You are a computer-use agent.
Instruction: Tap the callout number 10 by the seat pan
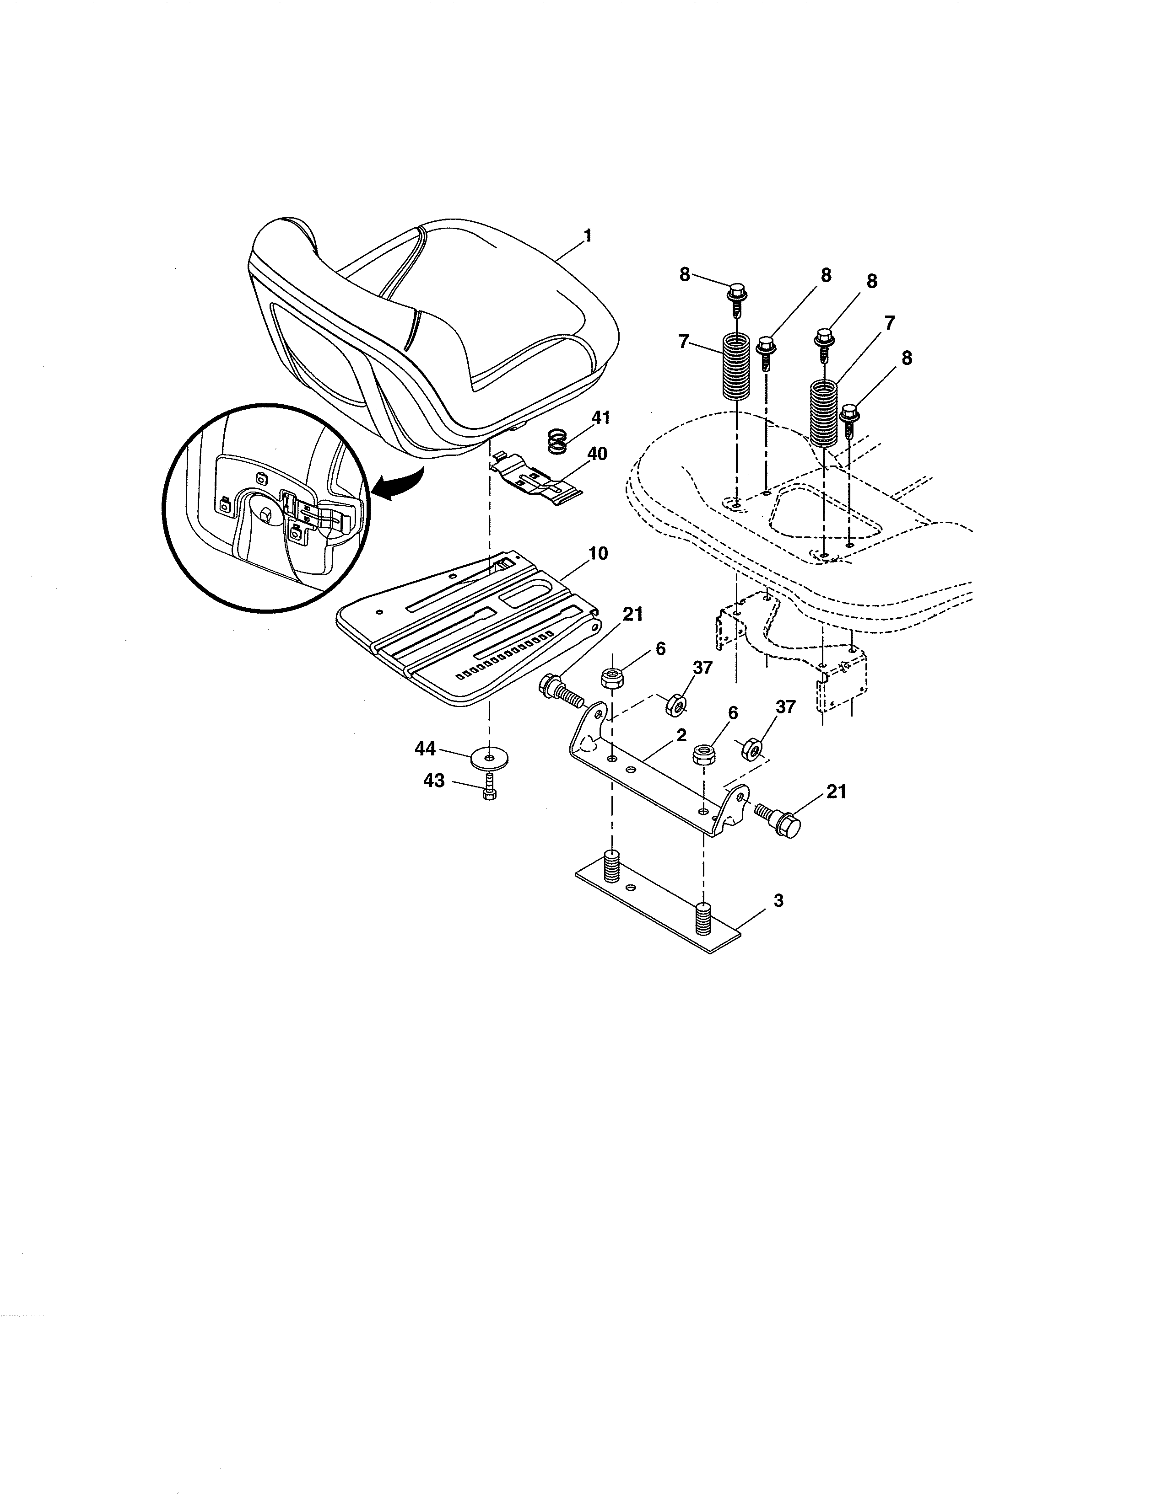pos(598,553)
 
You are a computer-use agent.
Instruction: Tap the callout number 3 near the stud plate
pos(778,901)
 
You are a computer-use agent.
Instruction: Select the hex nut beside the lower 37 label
pos(752,748)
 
